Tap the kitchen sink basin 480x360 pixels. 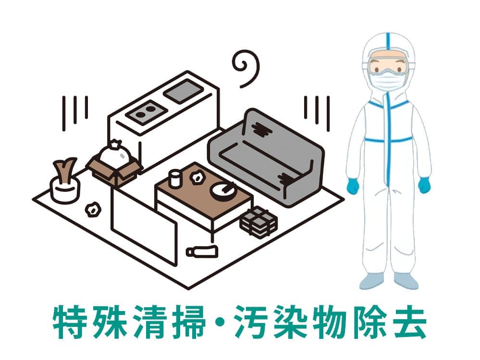(x=184, y=91)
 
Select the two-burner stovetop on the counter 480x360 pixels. (x=147, y=112)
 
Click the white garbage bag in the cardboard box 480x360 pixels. (x=115, y=153)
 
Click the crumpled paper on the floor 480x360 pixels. (x=93, y=209)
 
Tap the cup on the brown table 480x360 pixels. (x=174, y=178)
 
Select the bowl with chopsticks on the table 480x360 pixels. (x=222, y=191)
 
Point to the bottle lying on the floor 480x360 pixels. (x=202, y=251)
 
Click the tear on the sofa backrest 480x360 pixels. (x=260, y=130)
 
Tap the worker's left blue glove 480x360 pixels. (x=424, y=185)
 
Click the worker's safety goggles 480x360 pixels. (x=389, y=65)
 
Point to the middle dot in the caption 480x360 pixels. (x=220, y=322)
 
